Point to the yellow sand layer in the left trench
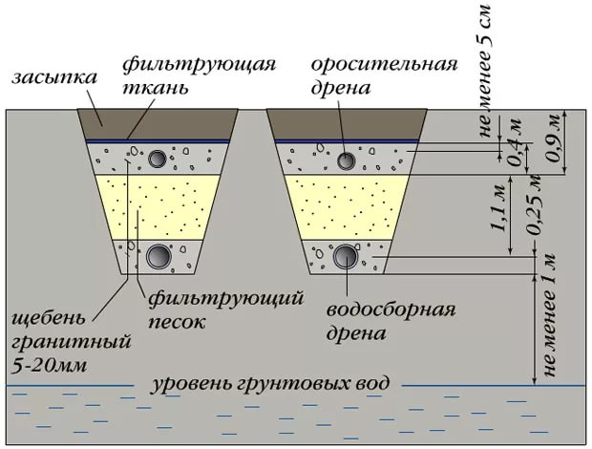click(158, 205)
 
